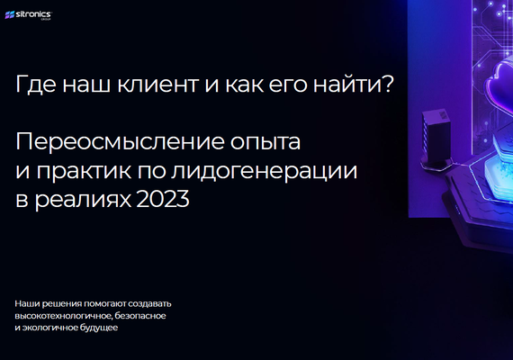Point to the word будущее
(x=94, y=328)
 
